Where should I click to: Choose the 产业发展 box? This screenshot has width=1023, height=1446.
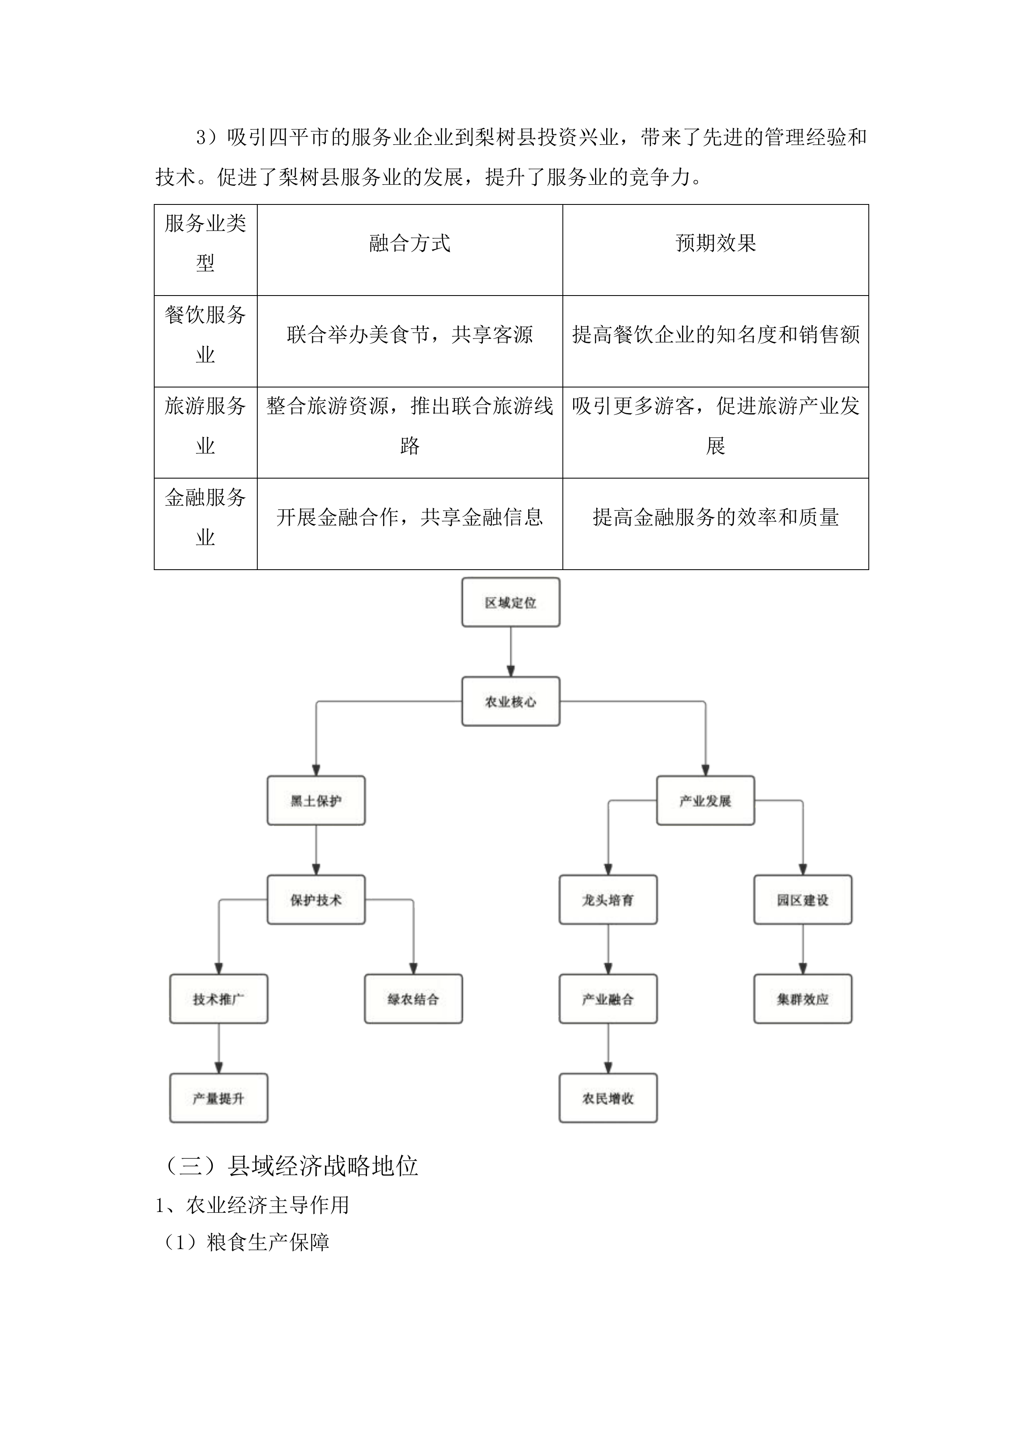pyautogui.click(x=705, y=801)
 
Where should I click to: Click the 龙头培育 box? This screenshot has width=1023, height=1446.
pyautogui.click(x=608, y=900)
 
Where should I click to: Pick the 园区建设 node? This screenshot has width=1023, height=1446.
pyautogui.click(x=802, y=900)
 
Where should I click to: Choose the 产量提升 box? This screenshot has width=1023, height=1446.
pyautogui.click(x=219, y=1099)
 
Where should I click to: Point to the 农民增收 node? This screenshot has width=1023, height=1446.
pyautogui.click(x=608, y=1099)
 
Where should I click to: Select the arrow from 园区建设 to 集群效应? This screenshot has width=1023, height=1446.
pyautogui.click(x=802, y=950)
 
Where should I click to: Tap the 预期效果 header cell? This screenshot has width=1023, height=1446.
pyautogui.click(x=715, y=243)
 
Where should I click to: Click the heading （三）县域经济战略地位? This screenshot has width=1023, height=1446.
pyautogui.click(x=292, y=1167)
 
